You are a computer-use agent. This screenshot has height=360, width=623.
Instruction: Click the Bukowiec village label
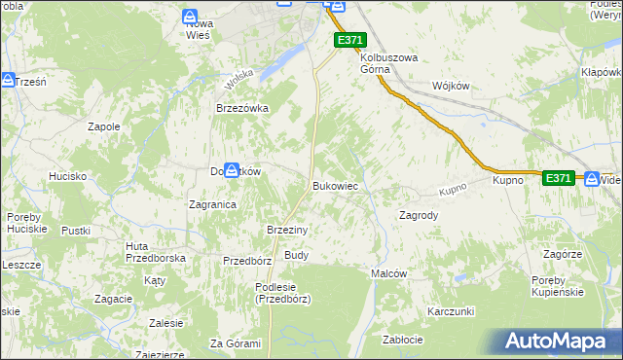(337, 185)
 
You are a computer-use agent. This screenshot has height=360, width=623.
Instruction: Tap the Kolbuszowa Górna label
(388, 63)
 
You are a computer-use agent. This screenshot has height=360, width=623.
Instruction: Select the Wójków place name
(450, 86)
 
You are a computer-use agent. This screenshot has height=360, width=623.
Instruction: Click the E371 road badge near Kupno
(558, 178)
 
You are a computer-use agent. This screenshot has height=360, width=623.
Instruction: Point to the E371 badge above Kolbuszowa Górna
(350, 39)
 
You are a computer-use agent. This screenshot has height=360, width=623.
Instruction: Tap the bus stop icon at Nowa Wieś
(191, 16)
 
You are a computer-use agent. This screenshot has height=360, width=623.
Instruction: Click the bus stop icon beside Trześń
(8, 81)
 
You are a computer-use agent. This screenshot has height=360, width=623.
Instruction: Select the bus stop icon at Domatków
(233, 169)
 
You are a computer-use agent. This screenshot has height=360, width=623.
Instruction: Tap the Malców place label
(388, 274)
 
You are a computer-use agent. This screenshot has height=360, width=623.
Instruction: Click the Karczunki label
(450, 311)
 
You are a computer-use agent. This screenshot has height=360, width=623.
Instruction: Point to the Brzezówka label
(241, 109)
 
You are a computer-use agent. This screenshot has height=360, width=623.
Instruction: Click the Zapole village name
(104, 126)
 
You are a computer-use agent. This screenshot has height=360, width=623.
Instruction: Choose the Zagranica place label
(213, 205)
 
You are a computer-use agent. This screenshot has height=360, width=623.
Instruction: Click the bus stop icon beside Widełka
(592, 178)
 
